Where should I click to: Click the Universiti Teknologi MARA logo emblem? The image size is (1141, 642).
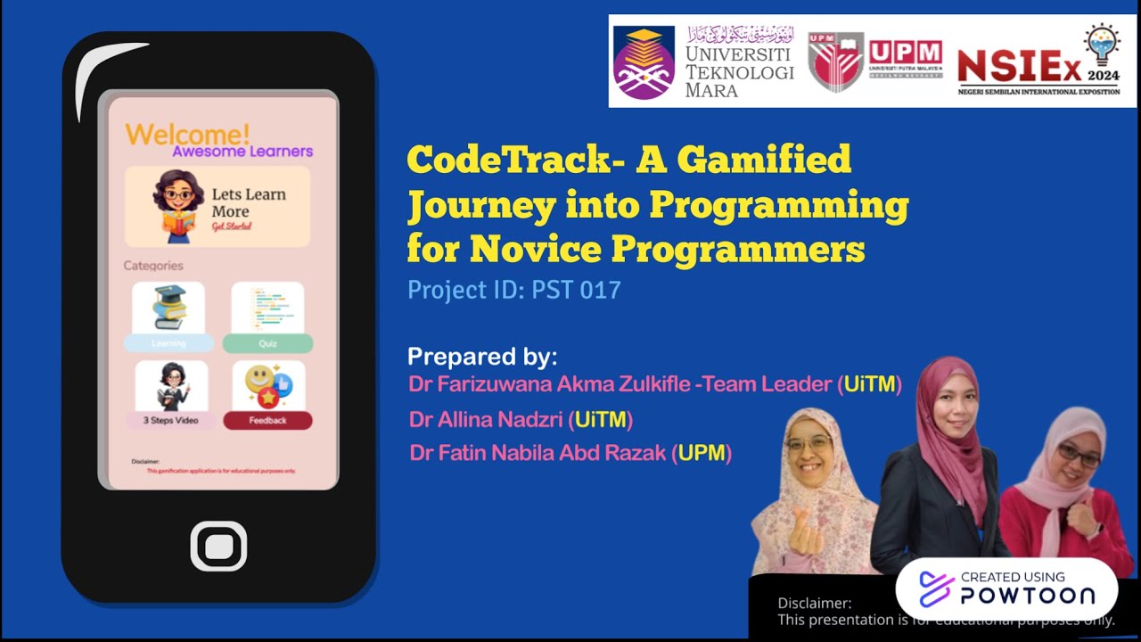[x=644, y=62]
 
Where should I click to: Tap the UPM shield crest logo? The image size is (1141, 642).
[x=835, y=61]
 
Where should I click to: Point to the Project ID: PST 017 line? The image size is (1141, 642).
[x=513, y=290]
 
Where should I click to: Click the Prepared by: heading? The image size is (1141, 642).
[x=482, y=357]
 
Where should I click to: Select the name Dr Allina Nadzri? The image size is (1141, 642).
[x=486, y=419]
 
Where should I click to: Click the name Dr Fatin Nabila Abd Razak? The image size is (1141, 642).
[x=538, y=453]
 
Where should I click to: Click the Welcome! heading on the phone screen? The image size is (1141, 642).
[x=188, y=135]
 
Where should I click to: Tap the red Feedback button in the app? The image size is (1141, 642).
[x=267, y=420]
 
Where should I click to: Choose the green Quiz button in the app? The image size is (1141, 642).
[x=267, y=343]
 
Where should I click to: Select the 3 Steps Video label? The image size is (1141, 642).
[x=170, y=420]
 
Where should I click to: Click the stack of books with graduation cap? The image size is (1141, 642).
[x=168, y=308]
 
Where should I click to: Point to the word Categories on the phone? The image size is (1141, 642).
[x=153, y=266]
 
